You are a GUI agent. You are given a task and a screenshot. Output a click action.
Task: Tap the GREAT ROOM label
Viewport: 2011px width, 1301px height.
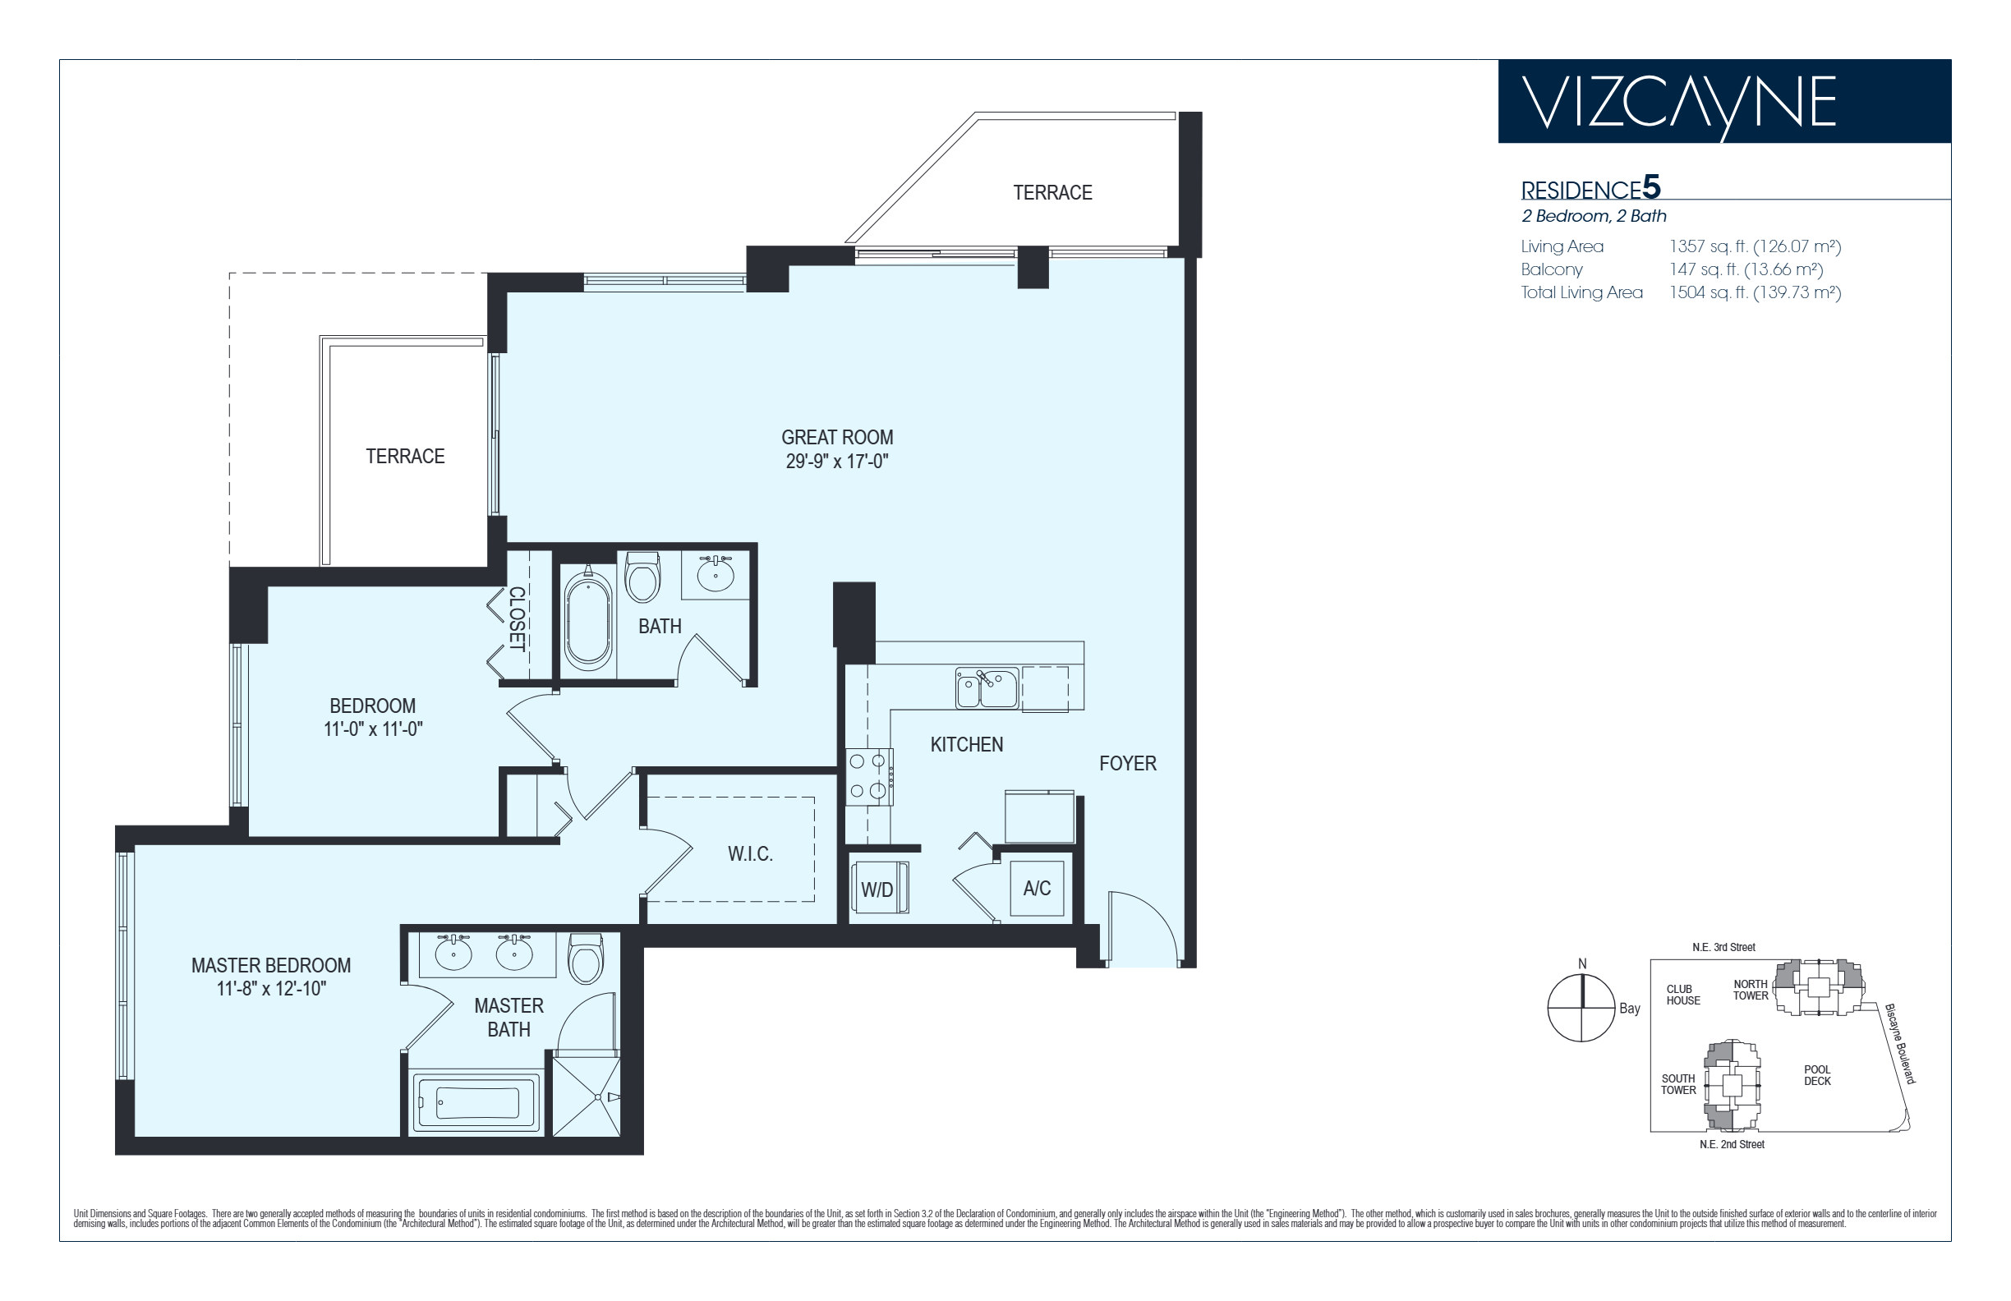[x=836, y=438]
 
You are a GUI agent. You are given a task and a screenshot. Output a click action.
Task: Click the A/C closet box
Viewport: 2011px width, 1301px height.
[x=1037, y=888]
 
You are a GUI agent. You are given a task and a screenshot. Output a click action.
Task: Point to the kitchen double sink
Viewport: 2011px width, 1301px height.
[x=986, y=687]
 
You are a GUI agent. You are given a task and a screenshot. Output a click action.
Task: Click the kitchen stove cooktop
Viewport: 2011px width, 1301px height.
[x=869, y=777]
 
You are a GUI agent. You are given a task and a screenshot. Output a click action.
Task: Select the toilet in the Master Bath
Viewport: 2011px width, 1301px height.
[x=586, y=958]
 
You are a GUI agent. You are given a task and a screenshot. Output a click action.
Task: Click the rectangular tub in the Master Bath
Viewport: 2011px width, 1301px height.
[x=476, y=1102]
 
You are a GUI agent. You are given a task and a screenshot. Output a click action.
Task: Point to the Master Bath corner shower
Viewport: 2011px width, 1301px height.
[x=587, y=1095]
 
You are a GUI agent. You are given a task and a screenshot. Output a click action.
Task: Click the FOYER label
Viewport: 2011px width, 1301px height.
[x=1127, y=764]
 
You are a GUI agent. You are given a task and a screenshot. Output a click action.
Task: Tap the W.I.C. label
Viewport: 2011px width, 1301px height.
[x=750, y=854]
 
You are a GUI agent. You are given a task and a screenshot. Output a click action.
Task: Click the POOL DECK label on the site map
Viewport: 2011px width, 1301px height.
[x=1816, y=1075]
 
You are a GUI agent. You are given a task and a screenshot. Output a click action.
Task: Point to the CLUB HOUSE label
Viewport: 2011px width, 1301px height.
[x=1682, y=995]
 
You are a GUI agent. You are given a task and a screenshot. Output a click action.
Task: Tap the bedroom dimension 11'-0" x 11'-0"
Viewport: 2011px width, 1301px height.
[x=373, y=729]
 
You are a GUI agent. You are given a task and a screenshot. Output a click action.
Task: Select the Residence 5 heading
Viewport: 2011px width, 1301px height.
[x=1590, y=187]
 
